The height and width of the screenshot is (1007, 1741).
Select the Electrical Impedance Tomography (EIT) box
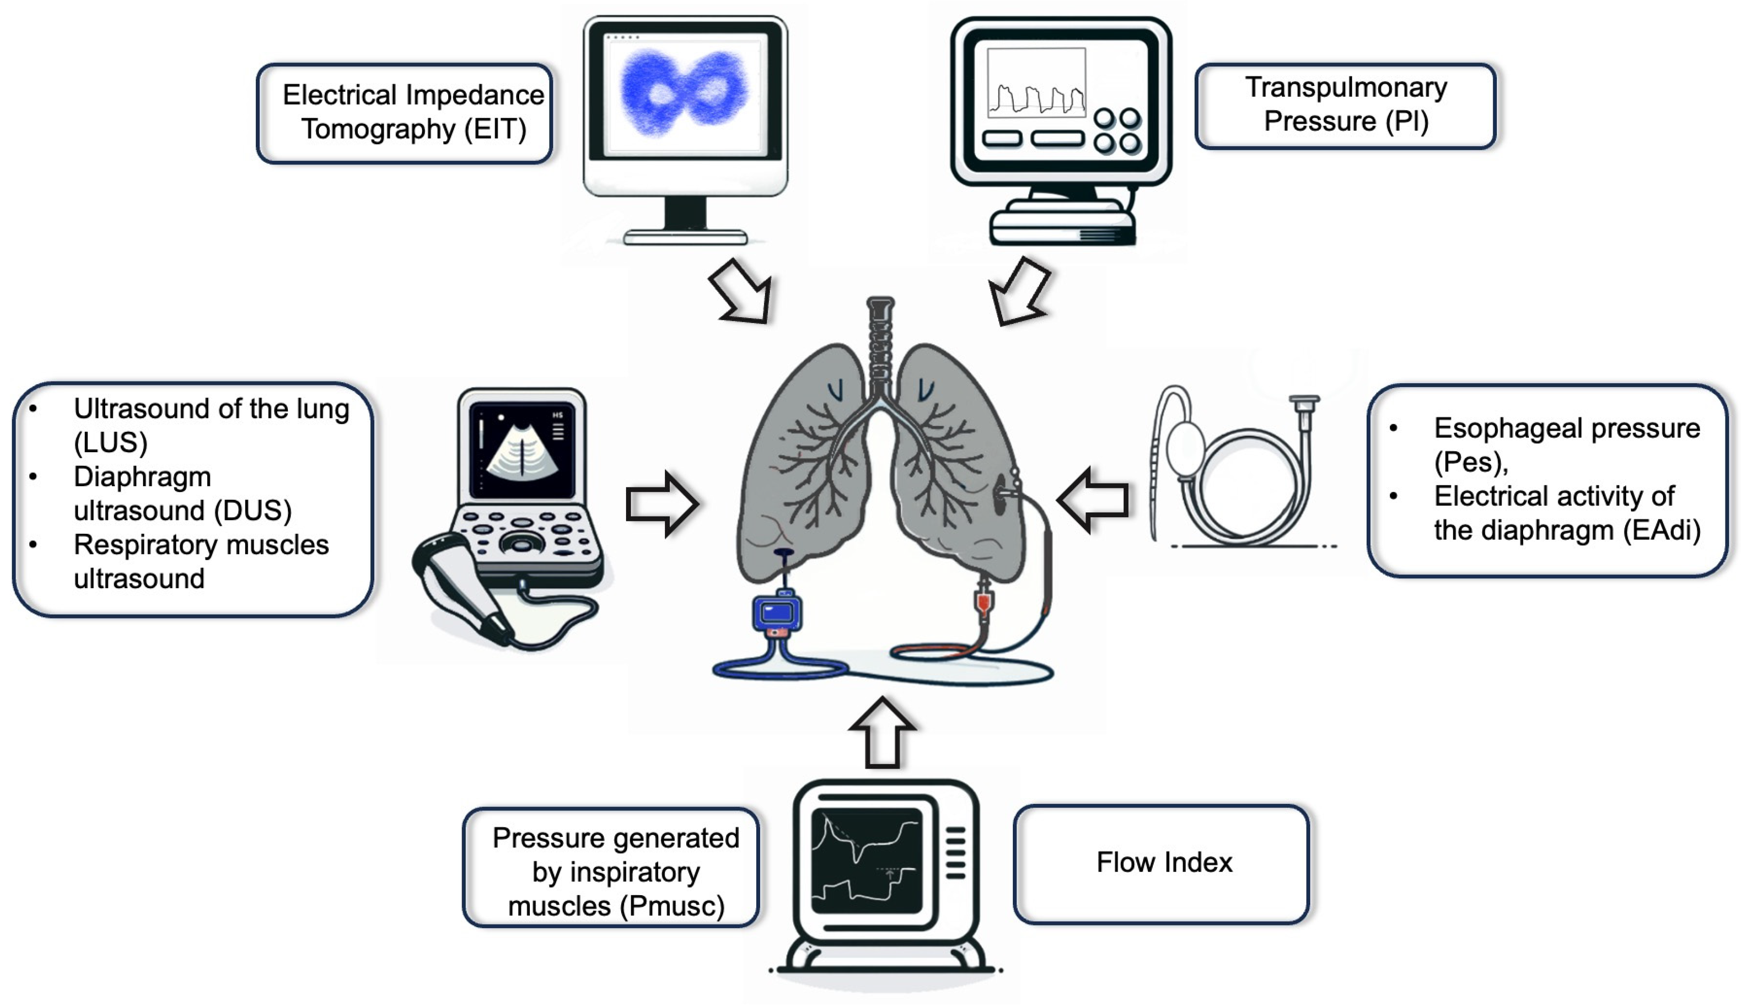point(406,113)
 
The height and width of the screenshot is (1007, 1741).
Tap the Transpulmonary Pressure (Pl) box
point(1345,105)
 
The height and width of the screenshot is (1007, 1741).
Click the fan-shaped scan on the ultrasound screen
point(522,452)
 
